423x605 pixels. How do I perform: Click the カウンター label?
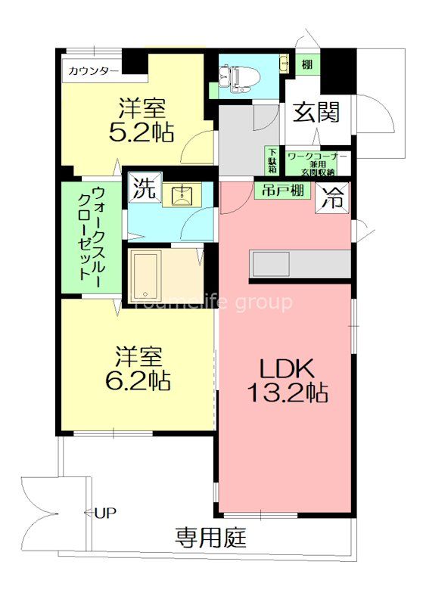[92, 71]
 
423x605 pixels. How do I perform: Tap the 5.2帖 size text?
[142, 133]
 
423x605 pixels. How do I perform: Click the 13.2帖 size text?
[287, 392]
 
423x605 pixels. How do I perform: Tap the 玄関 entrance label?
[316, 113]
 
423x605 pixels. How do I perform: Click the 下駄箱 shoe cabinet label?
[272, 161]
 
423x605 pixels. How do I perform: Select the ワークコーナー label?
[317, 156]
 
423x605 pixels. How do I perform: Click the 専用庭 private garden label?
[211, 539]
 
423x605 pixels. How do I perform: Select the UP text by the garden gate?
[105, 513]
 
